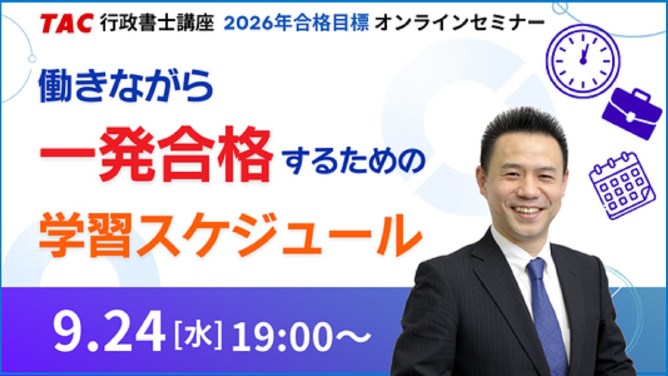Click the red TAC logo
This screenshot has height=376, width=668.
point(67,23)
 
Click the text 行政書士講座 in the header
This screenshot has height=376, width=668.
point(157,23)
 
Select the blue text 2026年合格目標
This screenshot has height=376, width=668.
point(297,23)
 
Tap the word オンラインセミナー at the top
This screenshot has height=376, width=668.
point(459,23)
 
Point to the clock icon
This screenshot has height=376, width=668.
point(582,61)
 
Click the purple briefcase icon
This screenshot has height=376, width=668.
point(632,113)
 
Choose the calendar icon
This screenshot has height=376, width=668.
point(622,186)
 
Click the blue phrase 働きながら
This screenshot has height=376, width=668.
point(126,86)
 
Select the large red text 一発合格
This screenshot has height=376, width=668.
point(156,154)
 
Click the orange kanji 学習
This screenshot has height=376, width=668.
point(86,235)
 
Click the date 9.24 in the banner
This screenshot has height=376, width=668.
point(109,331)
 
